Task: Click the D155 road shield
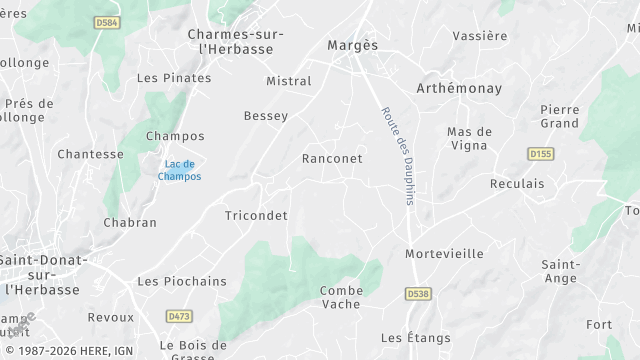[x=541, y=153]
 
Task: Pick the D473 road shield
[x=178, y=316]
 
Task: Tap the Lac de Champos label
[x=180, y=170]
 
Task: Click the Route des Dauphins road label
[x=397, y=155]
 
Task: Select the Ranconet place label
[x=331, y=159]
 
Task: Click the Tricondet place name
[x=256, y=215]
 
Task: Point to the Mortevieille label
[x=444, y=254]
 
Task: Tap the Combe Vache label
[x=341, y=297]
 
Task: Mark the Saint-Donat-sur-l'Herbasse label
[x=42, y=274]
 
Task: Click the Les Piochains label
[x=182, y=282]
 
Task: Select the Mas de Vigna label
[x=469, y=138]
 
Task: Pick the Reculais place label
[x=517, y=184]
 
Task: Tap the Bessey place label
[x=266, y=116]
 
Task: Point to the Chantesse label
[x=90, y=154]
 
